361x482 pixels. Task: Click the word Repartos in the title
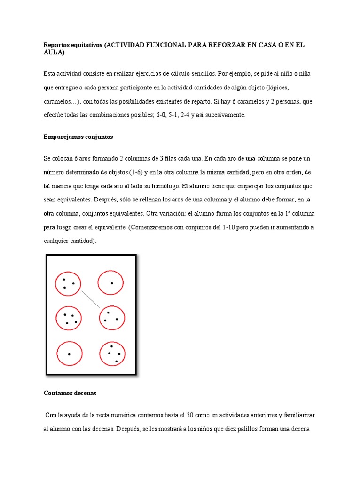pos(55,45)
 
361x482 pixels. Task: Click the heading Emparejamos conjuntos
pos(78,137)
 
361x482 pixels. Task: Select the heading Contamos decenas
pos(70,392)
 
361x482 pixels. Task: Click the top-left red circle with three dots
pos(69,283)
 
